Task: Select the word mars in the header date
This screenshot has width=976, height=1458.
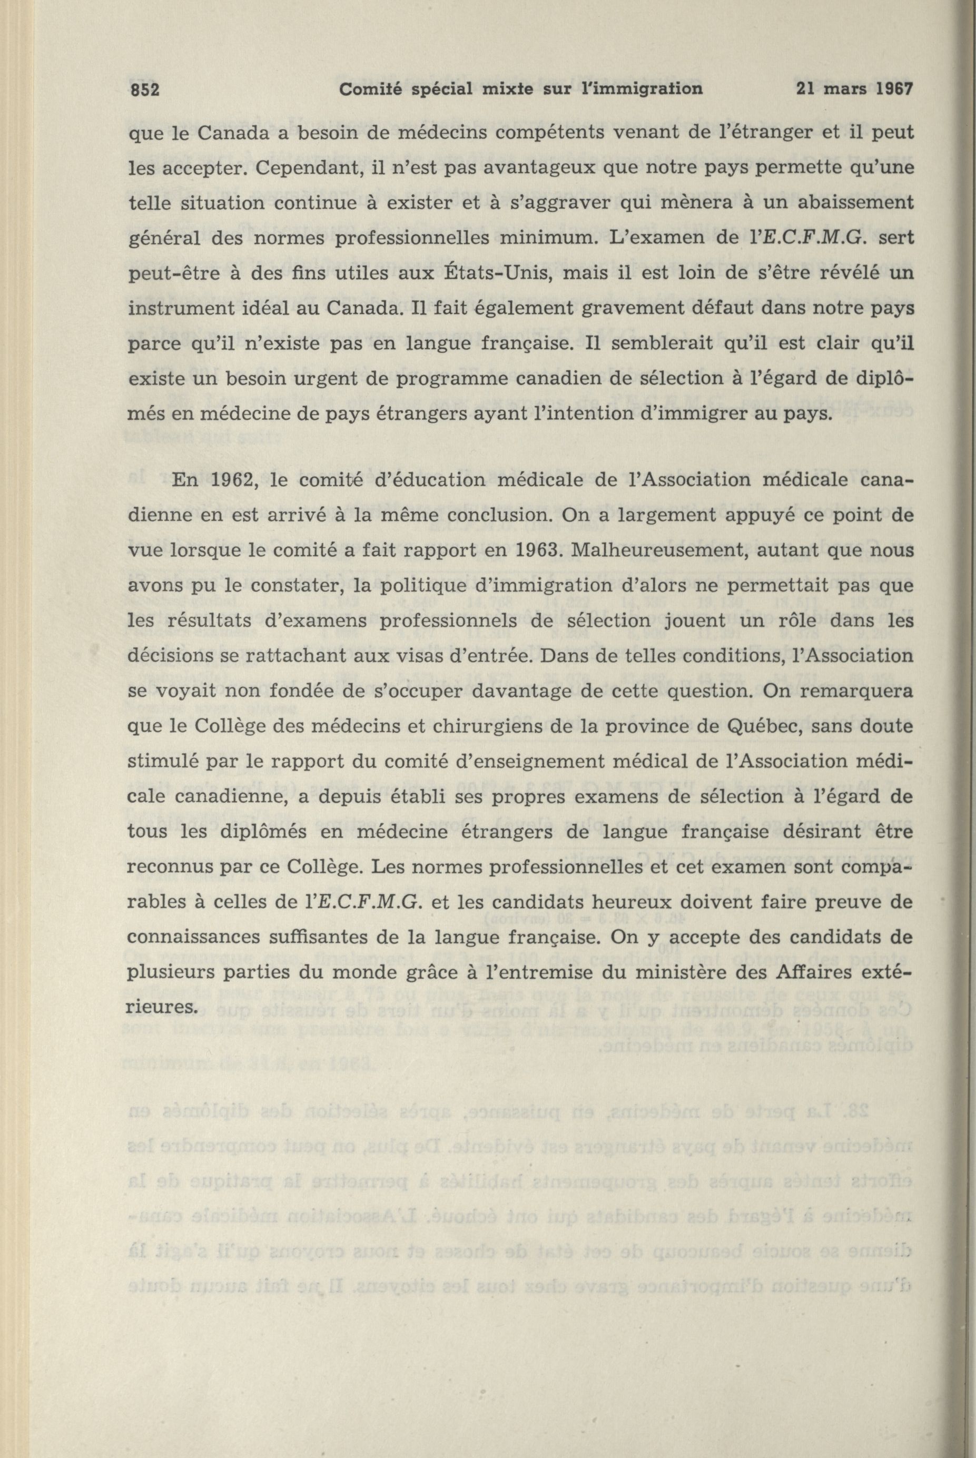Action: (845, 89)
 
